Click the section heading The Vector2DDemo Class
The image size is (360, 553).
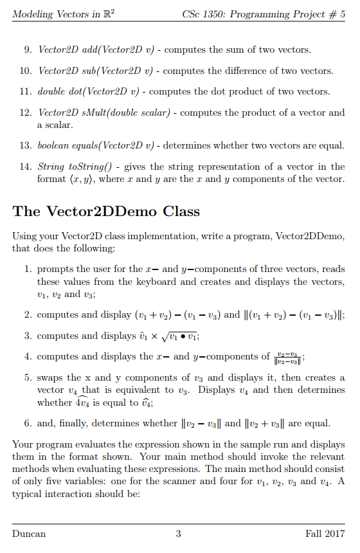coord(106,211)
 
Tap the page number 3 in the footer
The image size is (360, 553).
coord(178,534)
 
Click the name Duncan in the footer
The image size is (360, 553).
coord(29,534)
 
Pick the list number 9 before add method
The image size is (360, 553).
coord(28,50)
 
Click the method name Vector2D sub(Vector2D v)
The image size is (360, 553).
coord(87,70)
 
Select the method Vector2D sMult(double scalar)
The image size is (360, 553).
coord(103,113)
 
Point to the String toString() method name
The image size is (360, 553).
coord(69,167)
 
